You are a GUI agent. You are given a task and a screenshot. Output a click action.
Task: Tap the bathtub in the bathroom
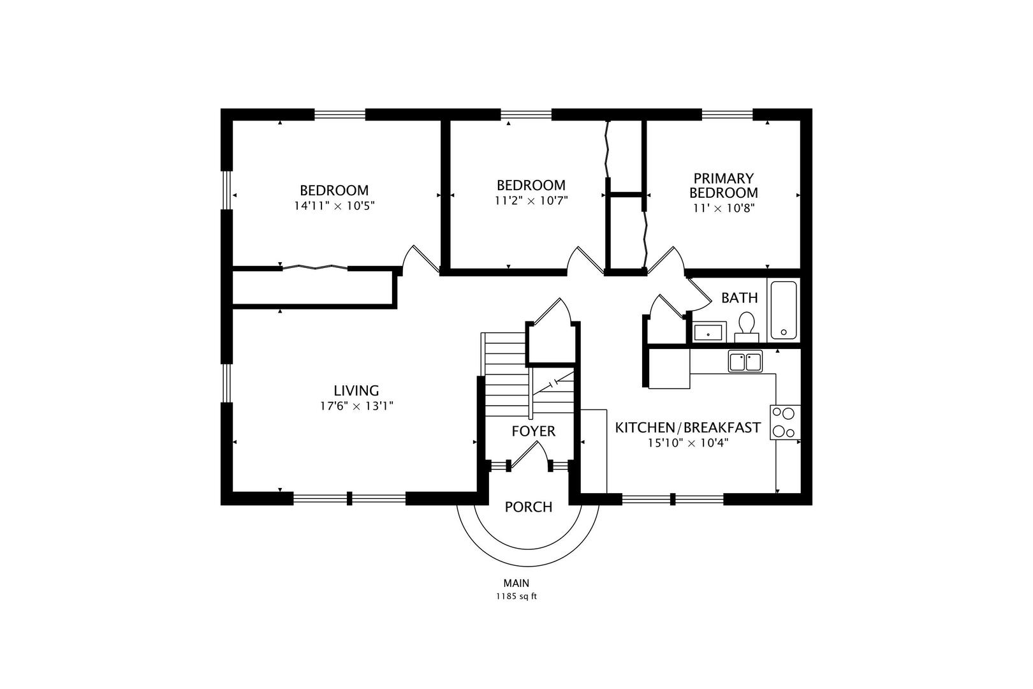coord(783,310)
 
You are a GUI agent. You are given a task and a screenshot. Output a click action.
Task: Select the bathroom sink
coord(708,332)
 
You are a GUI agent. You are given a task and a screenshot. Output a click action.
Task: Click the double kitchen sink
coord(745,362)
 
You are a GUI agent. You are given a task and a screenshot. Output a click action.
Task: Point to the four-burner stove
coord(785,422)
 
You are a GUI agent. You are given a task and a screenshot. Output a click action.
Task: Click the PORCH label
coord(528,507)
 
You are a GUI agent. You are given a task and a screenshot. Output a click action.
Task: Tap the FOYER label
coord(533,431)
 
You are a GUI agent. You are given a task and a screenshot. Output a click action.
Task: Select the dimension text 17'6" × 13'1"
coord(356,406)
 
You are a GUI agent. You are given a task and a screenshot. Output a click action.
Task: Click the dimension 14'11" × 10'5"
coord(333,206)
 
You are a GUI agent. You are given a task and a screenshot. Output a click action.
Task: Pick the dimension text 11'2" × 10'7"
coord(531,200)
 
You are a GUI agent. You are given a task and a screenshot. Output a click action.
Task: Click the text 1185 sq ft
coord(516,597)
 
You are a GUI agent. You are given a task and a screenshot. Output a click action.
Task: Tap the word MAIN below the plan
coord(516,582)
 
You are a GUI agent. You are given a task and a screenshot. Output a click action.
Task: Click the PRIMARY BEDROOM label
coord(724,185)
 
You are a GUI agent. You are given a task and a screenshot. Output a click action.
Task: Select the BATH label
coord(739,297)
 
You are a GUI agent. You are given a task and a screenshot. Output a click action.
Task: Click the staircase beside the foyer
coord(507,376)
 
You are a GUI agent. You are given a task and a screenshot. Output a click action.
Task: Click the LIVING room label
coord(356,390)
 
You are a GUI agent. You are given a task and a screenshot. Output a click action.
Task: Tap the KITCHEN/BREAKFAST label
coord(687,427)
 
